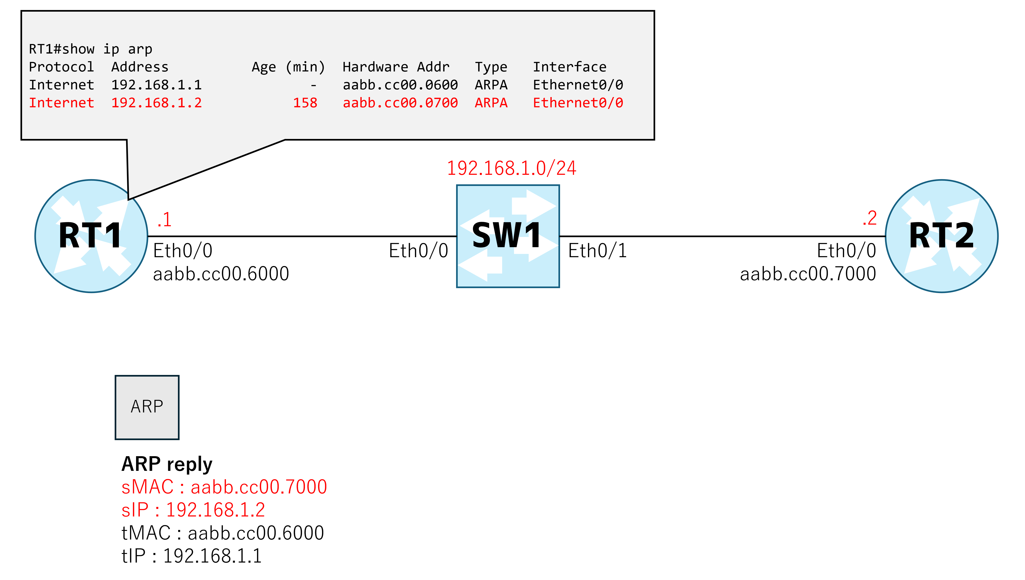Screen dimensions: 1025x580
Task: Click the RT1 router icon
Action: coord(91,236)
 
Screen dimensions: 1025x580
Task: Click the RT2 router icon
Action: coord(942,236)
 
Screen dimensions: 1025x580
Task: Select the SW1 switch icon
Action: coord(508,236)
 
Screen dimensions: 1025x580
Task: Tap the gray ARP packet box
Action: coord(147,407)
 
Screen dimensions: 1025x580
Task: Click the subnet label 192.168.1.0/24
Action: coord(511,168)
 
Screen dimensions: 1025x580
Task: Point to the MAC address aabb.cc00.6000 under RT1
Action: coord(221,274)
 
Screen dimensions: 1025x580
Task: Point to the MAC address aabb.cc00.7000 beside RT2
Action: coord(808,274)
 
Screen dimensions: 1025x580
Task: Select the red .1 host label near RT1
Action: coord(164,219)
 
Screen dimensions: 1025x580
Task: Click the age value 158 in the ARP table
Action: coord(305,103)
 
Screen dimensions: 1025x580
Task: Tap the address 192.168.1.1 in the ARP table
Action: coord(157,85)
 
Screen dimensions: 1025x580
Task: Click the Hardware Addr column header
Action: coord(396,67)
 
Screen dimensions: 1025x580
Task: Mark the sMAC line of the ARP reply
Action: coord(224,487)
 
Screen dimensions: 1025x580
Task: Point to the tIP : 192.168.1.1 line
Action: coord(191,556)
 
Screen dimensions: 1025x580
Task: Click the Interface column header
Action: coord(570,67)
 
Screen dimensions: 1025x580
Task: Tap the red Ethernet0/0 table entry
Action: coord(578,103)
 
